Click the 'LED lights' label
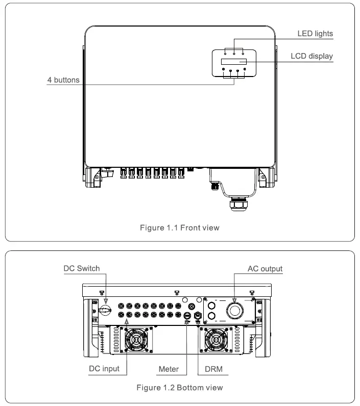(315, 34)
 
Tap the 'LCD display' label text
(312, 56)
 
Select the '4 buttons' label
(63, 80)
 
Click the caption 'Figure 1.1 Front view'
(180, 227)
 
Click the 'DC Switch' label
(82, 268)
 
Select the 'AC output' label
(265, 268)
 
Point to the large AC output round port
(235, 311)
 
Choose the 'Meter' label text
(169, 368)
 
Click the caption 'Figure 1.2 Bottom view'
(180, 388)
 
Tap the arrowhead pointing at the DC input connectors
(126, 322)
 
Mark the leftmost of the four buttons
(224, 72)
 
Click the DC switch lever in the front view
(108, 172)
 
